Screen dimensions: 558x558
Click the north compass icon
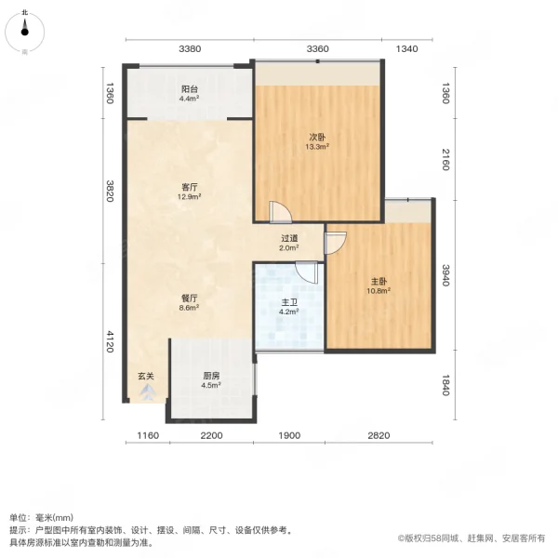tap(25, 33)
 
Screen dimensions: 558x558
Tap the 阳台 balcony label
tap(189, 88)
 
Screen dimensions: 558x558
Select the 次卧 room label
tap(317, 137)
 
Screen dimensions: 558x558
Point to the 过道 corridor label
tap(289, 238)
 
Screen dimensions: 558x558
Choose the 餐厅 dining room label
tap(190, 298)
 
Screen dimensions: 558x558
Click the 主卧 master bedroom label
tap(377, 279)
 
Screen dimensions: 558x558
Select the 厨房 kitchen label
tap(211, 376)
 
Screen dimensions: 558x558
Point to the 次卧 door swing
tap(280, 213)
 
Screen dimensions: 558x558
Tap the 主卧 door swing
tap(335, 244)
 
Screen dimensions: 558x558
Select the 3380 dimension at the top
tap(191, 48)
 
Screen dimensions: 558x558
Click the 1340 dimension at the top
tap(406, 48)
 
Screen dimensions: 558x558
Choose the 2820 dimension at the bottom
tap(379, 436)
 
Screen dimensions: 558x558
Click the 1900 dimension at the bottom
tap(289, 436)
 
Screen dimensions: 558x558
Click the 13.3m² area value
tap(317, 146)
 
